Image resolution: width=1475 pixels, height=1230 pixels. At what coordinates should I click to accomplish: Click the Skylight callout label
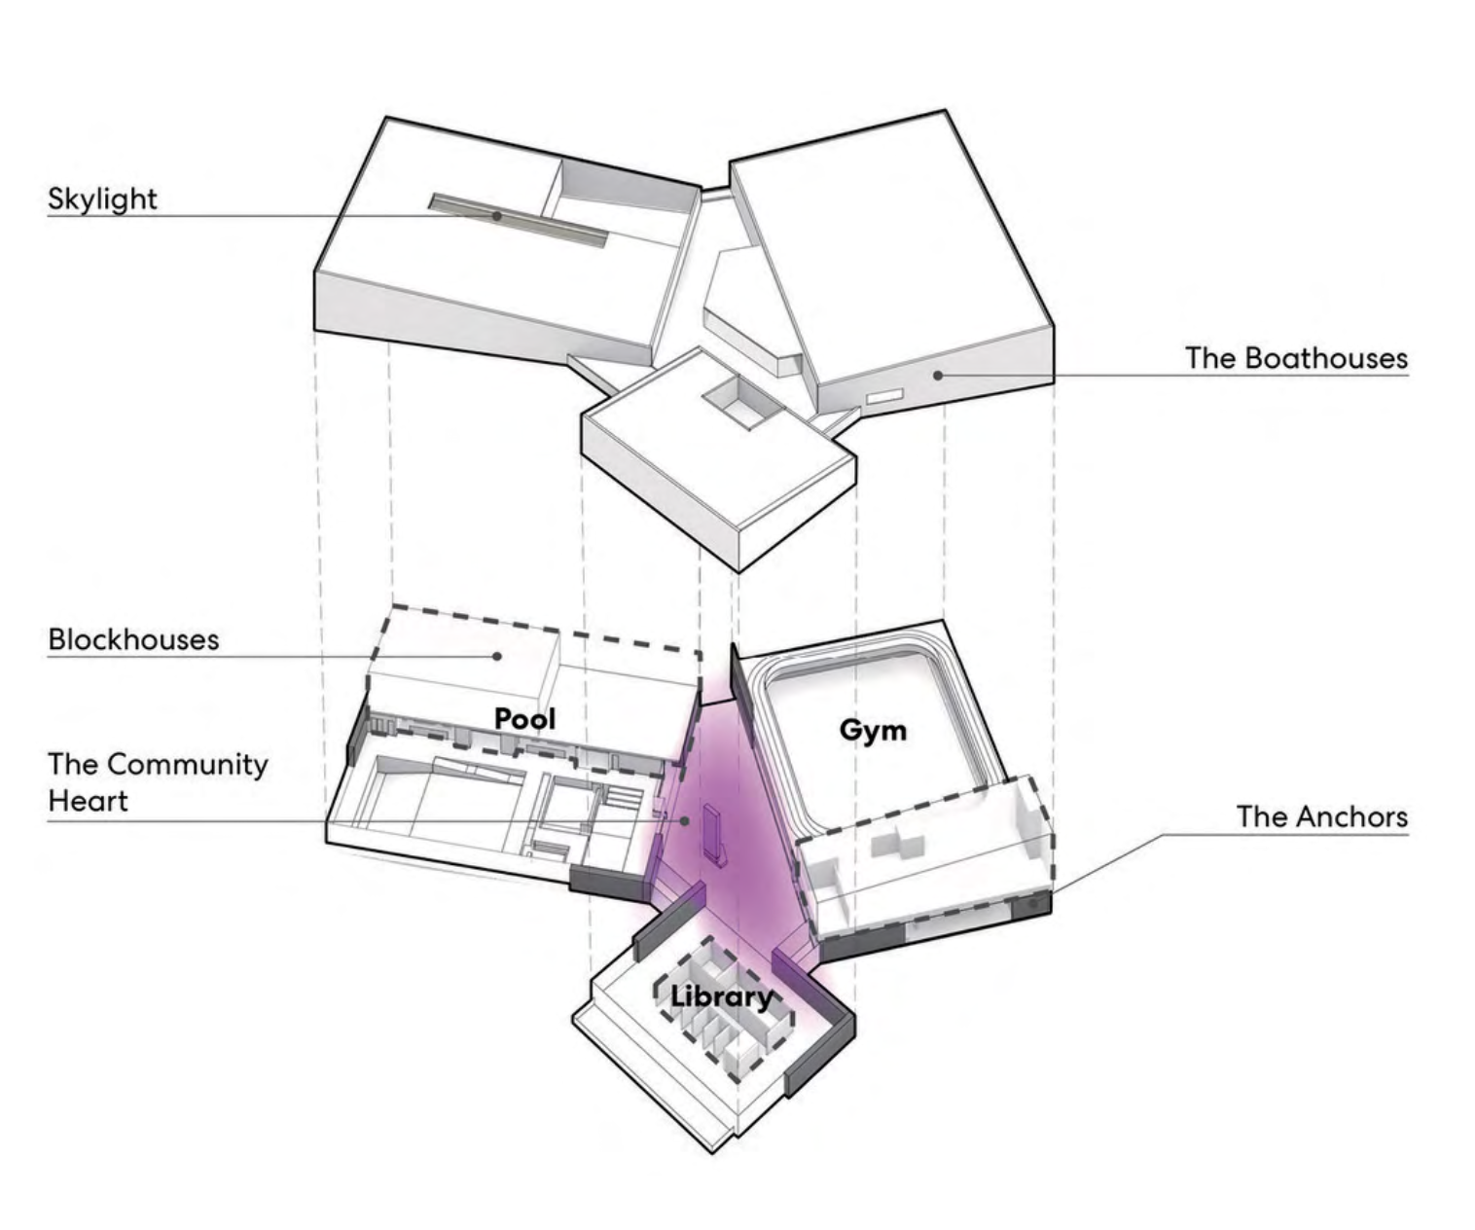click(102, 199)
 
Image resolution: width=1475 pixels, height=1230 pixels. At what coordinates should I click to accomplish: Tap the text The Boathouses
click(1296, 358)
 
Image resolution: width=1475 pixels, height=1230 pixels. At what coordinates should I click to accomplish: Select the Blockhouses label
click(134, 639)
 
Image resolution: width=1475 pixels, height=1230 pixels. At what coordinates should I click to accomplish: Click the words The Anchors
click(1322, 815)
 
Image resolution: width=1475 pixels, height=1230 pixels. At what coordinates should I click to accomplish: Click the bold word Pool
click(525, 719)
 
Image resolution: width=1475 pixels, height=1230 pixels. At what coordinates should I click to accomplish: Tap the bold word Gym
click(873, 729)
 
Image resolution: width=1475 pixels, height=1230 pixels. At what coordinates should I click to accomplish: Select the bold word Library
click(721, 995)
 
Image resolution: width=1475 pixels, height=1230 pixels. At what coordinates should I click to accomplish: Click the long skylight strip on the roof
click(519, 219)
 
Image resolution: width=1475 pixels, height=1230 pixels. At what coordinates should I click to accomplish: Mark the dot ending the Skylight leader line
click(497, 216)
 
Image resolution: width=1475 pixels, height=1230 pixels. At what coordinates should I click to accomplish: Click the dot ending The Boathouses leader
click(937, 375)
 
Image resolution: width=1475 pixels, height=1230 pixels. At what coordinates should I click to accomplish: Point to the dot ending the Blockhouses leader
click(497, 656)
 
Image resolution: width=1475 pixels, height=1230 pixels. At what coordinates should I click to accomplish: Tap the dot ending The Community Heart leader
click(686, 820)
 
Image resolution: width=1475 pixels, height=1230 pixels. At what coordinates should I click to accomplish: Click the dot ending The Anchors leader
click(1033, 904)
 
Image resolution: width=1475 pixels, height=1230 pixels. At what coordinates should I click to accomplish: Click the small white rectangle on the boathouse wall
click(885, 396)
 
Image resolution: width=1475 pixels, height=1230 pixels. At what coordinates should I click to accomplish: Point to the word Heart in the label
click(88, 801)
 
